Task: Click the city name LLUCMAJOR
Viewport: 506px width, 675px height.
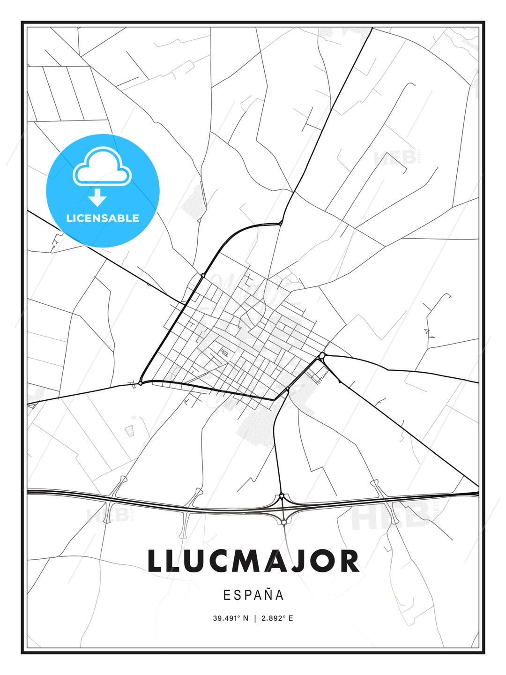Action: click(x=253, y=561)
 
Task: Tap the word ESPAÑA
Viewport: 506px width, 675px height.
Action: click(x=253, y=595)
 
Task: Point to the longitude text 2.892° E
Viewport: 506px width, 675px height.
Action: click(x=277, y=618)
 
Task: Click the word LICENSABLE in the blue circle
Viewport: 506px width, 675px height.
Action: click(x=103, y=218)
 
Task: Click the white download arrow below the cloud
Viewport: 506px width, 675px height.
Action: click(x=97, y=197)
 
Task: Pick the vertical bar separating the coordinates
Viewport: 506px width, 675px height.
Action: click(x=255, y=618)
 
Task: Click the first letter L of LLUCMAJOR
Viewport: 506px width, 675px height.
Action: click(x=155, y=561)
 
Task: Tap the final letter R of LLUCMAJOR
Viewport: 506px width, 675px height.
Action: click(x=349, y=561)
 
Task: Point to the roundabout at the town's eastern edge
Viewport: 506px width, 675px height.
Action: click(x=322, y=357)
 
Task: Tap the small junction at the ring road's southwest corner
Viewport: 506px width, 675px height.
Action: click(x=140, y=383)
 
